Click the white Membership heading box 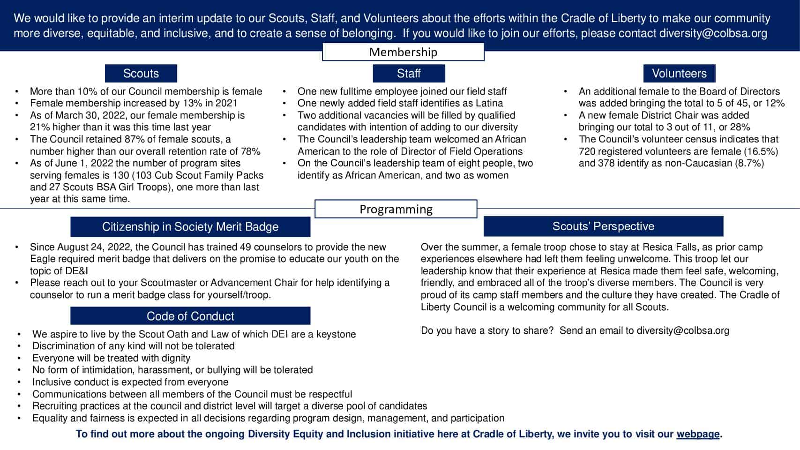pyautogui.click(x=403, y=52)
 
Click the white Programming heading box pyautogui.click(x=396, y=209)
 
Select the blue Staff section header pyautogui.click(x=409, y=74)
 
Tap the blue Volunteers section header pyautogui.click(x=679, y=74)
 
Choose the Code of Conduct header pyautogui.click(x=190, y=316)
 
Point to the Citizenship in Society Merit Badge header pyautogui.click(x=190, y=227)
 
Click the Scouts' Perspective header pyautogui.click(x=603, y=226)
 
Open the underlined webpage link pyautogui.click(x=697, y=434)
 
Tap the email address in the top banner pyautogui.click(x=713, y=33)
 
